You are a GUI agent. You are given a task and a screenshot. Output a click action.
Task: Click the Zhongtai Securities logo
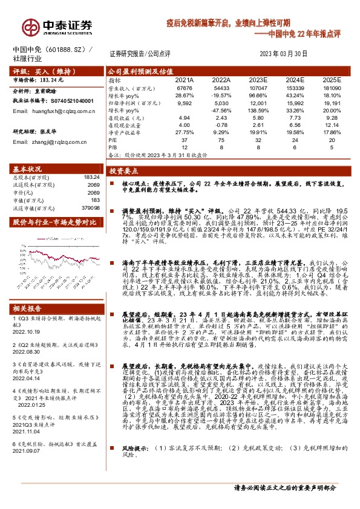(57, 26)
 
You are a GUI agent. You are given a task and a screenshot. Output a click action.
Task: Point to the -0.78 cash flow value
(221, 125)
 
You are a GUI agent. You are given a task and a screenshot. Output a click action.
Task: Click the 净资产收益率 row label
(123, 132)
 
